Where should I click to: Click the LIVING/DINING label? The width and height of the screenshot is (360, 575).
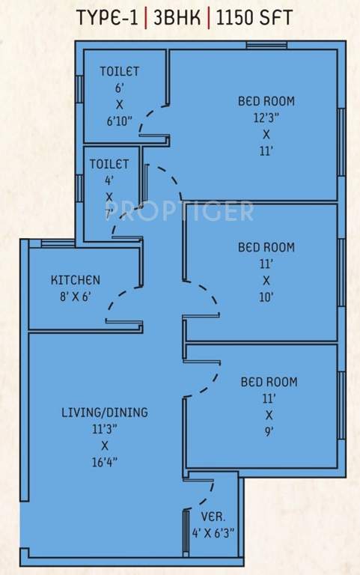pos(105,412)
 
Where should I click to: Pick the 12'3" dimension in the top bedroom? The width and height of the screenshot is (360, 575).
pos(266,118)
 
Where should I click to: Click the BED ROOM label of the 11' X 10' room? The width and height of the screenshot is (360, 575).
pos(266,247)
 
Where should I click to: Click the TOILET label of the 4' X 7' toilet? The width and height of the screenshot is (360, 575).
pos(109,164)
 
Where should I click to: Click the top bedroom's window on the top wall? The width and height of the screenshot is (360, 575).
pos(267,46)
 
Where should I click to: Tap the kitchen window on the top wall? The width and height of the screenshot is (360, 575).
pos(58,243)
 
